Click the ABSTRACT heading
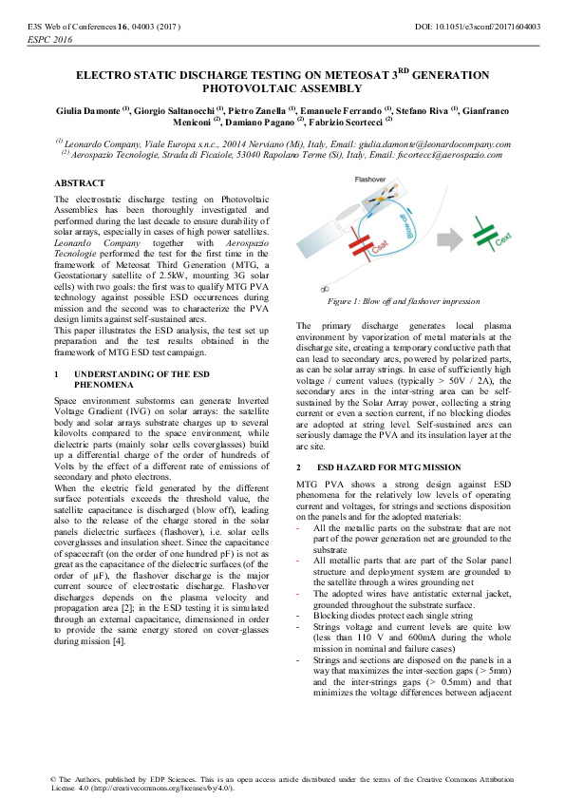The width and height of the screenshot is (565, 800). point(80,182)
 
